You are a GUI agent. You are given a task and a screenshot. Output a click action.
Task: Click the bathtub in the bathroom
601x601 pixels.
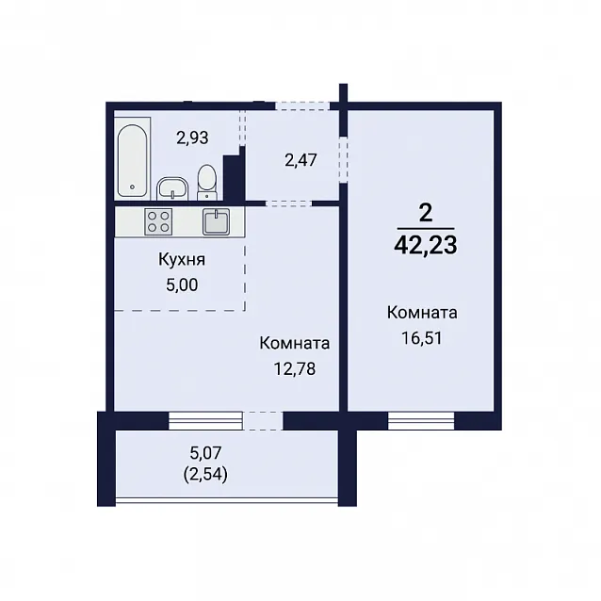133,159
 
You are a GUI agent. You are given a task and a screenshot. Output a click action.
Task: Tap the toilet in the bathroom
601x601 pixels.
207,183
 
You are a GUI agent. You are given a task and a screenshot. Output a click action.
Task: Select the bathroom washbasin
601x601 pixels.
172,188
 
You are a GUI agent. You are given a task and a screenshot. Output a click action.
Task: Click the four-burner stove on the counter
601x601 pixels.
158,221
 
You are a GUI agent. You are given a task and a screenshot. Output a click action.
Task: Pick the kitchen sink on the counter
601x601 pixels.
216,221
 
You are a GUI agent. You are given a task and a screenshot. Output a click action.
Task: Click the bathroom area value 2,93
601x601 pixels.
192,138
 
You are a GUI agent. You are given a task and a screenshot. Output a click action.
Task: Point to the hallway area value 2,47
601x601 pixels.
300,160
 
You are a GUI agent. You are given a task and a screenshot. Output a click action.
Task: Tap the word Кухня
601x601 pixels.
182,260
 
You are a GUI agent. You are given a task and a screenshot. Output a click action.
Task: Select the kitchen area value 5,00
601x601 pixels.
182,285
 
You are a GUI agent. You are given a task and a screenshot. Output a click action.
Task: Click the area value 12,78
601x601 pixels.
295,369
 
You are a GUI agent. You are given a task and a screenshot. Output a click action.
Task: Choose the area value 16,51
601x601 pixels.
422,338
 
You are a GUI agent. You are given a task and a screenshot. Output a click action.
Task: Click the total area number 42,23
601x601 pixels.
426,245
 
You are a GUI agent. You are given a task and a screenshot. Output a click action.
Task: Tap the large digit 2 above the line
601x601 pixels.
426,213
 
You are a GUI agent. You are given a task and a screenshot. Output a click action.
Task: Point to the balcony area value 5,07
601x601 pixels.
205,453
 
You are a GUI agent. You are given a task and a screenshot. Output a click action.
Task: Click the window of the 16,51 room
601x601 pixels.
421,420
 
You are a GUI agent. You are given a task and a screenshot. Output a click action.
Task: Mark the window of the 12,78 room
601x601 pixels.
205,420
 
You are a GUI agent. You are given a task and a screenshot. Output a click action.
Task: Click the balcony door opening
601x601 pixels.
263,420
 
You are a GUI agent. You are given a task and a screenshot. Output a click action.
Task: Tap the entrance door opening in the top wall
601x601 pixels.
302,106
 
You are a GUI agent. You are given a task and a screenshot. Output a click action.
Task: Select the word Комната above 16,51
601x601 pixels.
422,313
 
